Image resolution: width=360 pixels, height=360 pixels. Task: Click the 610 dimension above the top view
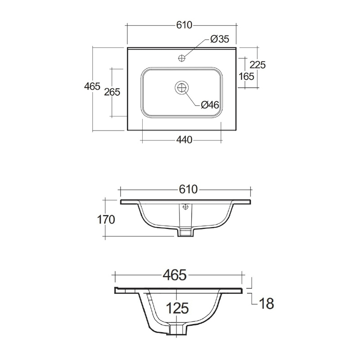[184, 25]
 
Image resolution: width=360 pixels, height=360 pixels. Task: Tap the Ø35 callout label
[220, 39]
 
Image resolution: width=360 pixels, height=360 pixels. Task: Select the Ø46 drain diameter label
[210, 105]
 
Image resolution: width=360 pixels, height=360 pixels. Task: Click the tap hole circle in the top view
[182, 58]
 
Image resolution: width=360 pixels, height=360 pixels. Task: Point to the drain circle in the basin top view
[182, 87]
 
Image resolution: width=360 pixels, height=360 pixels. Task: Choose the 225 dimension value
[257, 65]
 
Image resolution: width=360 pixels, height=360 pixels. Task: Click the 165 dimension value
[246, 76]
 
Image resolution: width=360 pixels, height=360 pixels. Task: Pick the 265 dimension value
[112, 92]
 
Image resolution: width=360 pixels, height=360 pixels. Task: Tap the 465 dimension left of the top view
[92, 86]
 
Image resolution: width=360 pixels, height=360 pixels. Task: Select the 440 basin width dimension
[184, 139]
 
